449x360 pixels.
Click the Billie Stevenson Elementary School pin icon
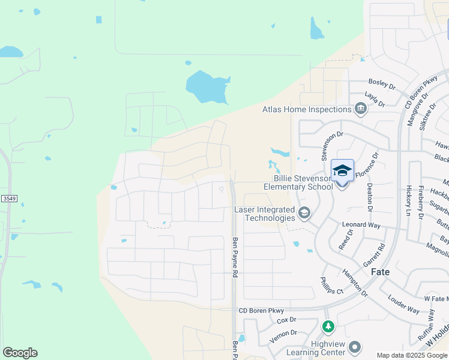[x=342, y=172]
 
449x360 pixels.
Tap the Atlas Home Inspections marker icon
[x=361, y=109]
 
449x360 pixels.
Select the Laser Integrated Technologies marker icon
[x=304, y=212]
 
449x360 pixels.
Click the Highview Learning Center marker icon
[x=355, y=347]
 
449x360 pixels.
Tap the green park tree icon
[x=328, y=326]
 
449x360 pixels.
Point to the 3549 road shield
[x=7, y=198]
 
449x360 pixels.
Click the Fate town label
[x=380, y=272]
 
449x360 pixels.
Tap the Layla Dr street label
[x=375, y=99]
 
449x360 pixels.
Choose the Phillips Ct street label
[x=331, y=285]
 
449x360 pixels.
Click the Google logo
[x=20, y=353]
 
